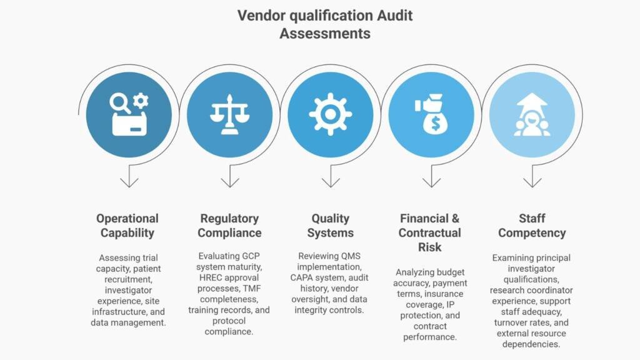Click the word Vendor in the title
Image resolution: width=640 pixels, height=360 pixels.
point(261,16)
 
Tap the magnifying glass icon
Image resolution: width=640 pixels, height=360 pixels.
point(120,103)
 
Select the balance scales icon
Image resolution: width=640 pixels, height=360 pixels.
point(229,114)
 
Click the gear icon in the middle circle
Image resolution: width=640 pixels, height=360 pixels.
point(330,114)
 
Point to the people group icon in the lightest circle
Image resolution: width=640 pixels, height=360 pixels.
point(532,124)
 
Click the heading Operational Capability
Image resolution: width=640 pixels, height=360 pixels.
point(127,225)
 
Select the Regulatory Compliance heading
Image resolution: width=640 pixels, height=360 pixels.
point(229,225)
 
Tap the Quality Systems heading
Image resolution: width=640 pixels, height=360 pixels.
point(330,225)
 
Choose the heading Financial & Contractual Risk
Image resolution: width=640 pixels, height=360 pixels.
point(430,232)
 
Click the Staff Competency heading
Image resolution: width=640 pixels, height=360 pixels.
point(532,225)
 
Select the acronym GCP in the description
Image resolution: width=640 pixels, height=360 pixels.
point(251,256)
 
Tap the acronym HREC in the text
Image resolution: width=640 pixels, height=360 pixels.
point(211,277)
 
